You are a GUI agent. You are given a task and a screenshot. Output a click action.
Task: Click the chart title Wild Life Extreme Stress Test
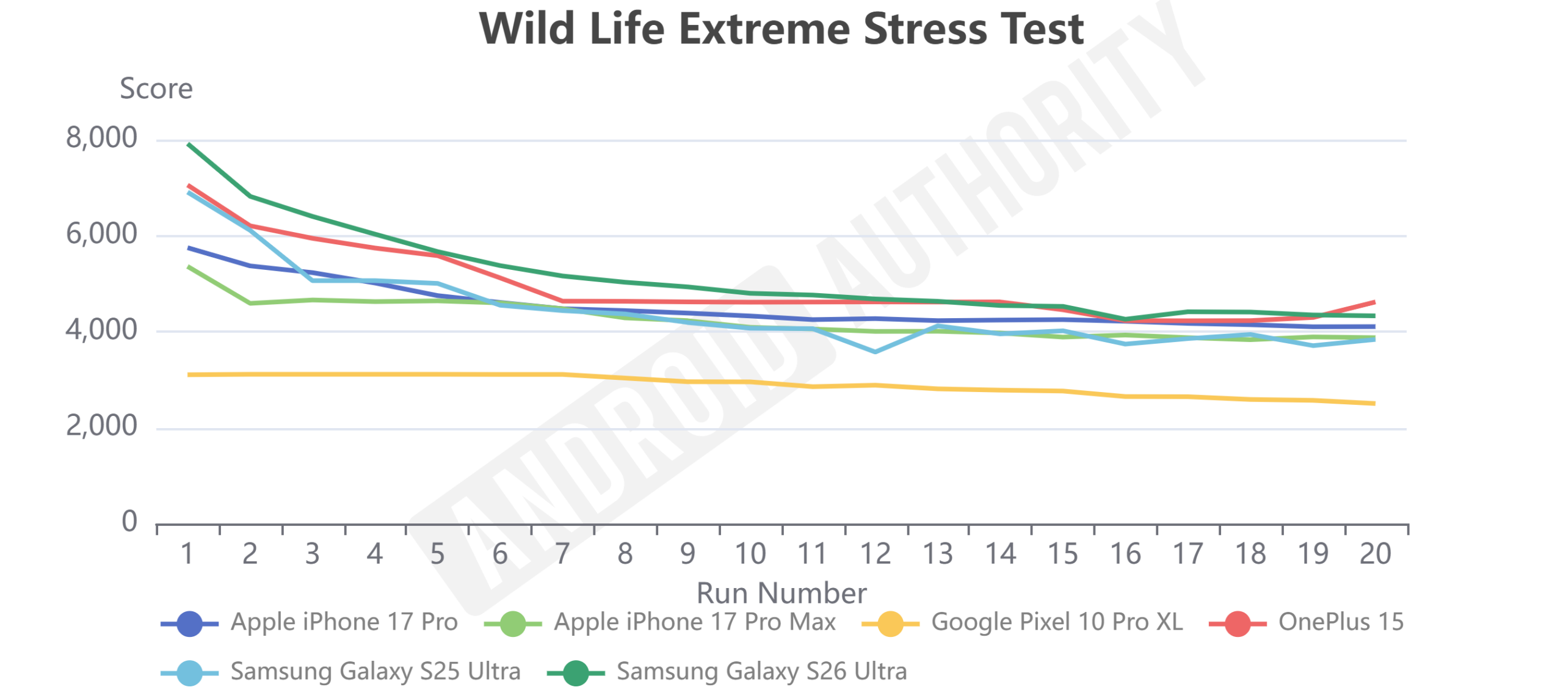point(781,29)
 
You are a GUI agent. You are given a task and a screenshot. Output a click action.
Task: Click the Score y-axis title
point(156,89)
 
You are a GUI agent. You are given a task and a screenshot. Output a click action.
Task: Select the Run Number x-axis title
point(781,592)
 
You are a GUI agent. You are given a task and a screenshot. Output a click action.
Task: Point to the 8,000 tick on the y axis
point(101,137)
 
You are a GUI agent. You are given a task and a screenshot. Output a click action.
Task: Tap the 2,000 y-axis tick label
point(101,425)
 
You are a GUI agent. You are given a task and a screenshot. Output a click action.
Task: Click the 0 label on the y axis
point(129,521)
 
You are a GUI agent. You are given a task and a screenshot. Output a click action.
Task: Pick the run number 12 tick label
point(875,553)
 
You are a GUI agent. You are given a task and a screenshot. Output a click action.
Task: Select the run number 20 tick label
point(1375,553)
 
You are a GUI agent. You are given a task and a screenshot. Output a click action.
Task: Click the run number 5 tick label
point(437,553)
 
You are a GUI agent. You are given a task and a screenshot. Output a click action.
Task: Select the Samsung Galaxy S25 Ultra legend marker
point(189,673)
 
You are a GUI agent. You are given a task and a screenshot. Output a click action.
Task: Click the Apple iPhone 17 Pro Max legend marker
point(512,623)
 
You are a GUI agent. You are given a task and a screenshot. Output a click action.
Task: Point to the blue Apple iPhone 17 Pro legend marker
point(189,623)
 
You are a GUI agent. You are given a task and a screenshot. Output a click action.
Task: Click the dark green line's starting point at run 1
point(188,144)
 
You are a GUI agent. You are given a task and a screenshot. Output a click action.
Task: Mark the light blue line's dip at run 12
point(875,352)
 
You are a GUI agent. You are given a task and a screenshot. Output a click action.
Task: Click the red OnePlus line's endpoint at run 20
point(1374,302)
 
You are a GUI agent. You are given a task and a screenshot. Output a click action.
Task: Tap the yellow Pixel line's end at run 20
point(1374,403)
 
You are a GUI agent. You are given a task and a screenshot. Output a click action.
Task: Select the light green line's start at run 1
point(188,267)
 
